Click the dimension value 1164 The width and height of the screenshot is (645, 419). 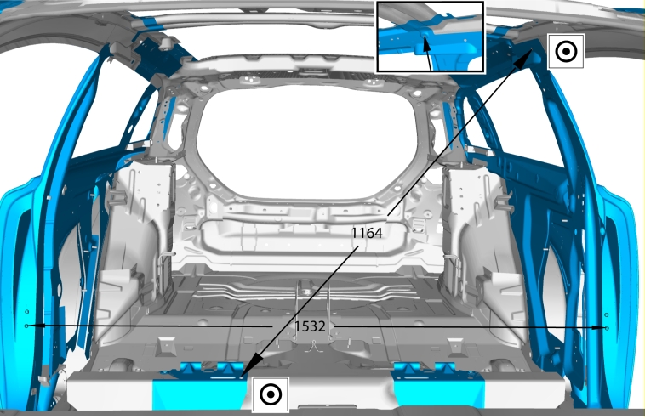click(367, 234)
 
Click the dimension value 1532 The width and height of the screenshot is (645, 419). click(310, 326)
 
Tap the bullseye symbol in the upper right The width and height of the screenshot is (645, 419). click(566, 51)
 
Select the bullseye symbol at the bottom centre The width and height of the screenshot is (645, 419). click(271, 394)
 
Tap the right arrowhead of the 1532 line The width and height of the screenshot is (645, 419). click(599, 328)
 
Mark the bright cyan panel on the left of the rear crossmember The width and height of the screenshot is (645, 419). click(200, 394)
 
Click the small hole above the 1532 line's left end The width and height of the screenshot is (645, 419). click(27, 312)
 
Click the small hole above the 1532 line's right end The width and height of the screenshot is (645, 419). click(607, 315)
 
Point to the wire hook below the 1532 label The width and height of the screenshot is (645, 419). click(314, 347)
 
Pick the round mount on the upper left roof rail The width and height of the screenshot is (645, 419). click(168, 42)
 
